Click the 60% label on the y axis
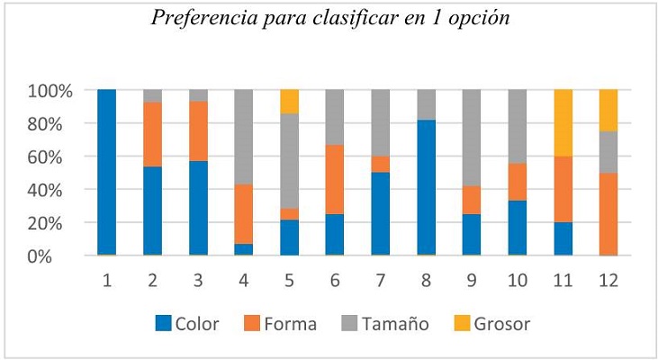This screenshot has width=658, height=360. (x=56, y=157)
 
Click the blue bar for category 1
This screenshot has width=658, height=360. (x=107, y=173)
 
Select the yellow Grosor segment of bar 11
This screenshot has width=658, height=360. (x=563, y=123)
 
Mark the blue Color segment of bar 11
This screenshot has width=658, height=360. (x=563, y=239)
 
